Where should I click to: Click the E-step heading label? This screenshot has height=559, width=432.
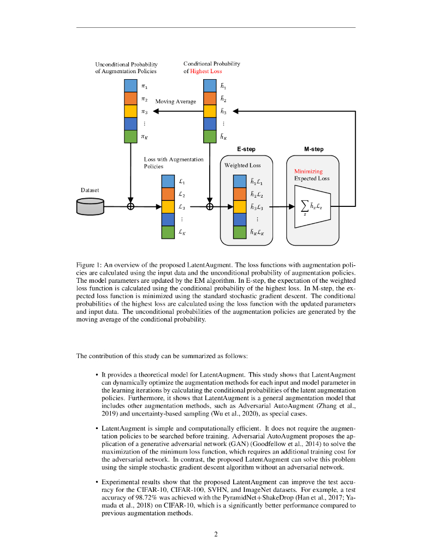click(x=246, y=149)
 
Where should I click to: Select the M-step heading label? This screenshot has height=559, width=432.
click(x=313, y=149)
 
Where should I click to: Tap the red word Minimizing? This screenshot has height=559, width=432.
click(x=309, y=171)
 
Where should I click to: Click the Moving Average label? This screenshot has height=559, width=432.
click(x=175, y=102)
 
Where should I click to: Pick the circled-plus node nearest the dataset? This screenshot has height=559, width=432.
click(x=130, y=206)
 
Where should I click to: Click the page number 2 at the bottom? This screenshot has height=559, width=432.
click(x=216, y=534)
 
